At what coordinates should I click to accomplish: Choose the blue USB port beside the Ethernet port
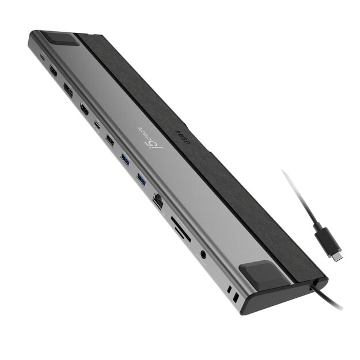pos(142,180)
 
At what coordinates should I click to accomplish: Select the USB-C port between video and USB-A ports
pos(97,124)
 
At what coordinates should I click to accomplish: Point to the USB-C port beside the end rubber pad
pos(43,57)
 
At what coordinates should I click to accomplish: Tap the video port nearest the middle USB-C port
pos(84,108)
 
